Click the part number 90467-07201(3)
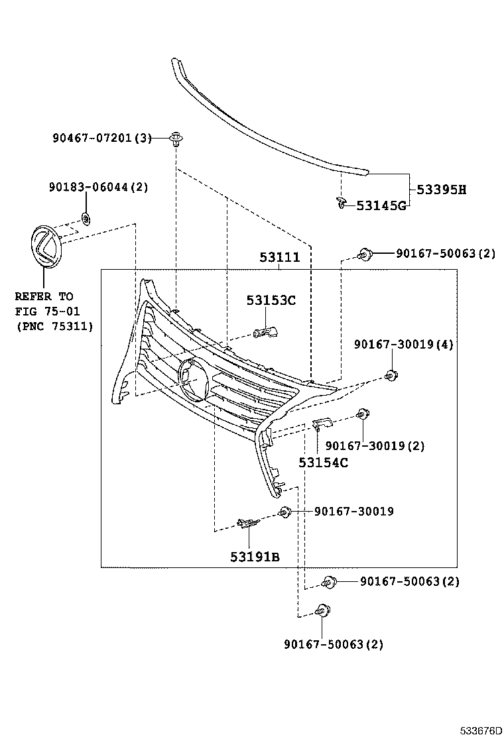[x=102, y=139]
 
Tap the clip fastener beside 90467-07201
[x=176, y=139]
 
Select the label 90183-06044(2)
[x=98, y=188]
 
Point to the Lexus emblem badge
[x=45, y=247]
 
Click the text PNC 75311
[x=54, y=326]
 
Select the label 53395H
[x=441, y=190]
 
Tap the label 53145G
[x=381, y=205]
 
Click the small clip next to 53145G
[x=341, y=202]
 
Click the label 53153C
[x=271, y=300]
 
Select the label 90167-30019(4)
[x=404, y=345]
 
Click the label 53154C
[x=323, y=463]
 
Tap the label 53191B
[x=255, y=557]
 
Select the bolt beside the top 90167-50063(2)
[x=363, y=254]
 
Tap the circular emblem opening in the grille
[x=193, y=379]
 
